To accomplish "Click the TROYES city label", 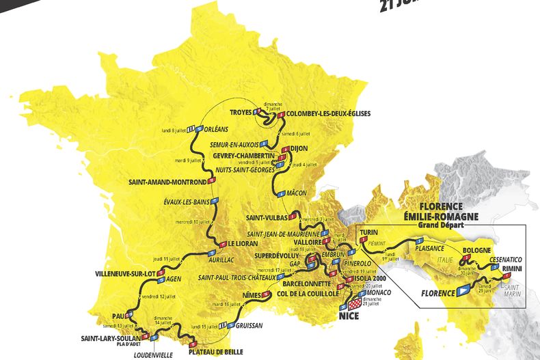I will pyautogui.click(x=239, y=111).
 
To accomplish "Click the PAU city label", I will pyautogui.click(x=118, y=316).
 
